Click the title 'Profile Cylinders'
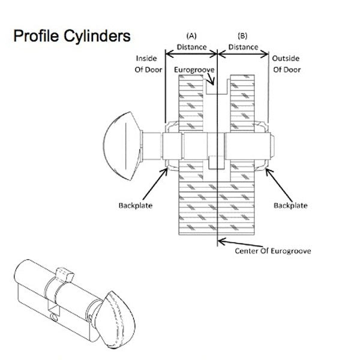pos(71,36)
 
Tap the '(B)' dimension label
pos(243,34)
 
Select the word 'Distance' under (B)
pos(243,47)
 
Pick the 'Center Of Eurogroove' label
pos(273,250)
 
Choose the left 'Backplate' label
pos(135,205)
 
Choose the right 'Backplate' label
pos(290,205)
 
